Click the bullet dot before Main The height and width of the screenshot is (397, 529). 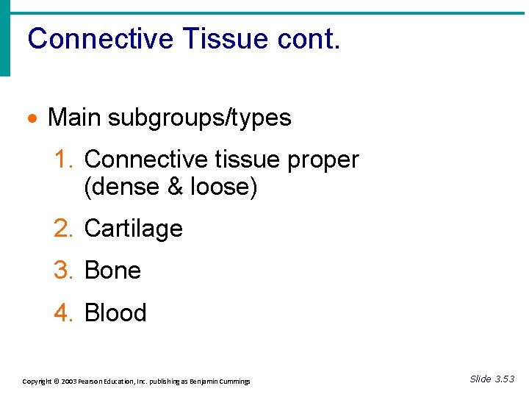(x=33, y=118)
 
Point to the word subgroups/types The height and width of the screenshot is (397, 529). (x=199, y=118)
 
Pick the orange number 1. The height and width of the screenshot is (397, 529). (x=62, y=160)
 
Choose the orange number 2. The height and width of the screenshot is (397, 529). (x=62, y=229)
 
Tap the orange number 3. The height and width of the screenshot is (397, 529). (x=62, y=271)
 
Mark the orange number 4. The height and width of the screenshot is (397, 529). (x=62, y=313)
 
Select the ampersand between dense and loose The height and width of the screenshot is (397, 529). (x=176, y=187)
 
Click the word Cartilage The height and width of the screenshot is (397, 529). (x=134, y=229)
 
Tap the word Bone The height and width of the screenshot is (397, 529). (x=112, y=271)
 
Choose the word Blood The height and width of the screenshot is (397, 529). (x=115, y=313)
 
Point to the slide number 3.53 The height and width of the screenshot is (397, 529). (x=504, y=379)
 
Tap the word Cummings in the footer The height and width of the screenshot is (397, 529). (x=233, y=382)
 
